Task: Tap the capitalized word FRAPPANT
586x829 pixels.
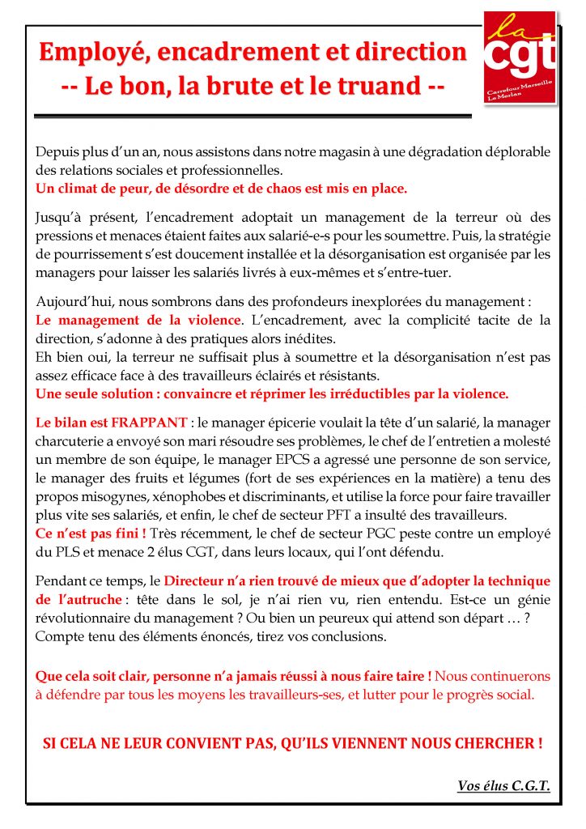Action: tap(147, 423)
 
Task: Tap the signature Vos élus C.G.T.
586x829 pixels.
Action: tap(503, 785)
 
